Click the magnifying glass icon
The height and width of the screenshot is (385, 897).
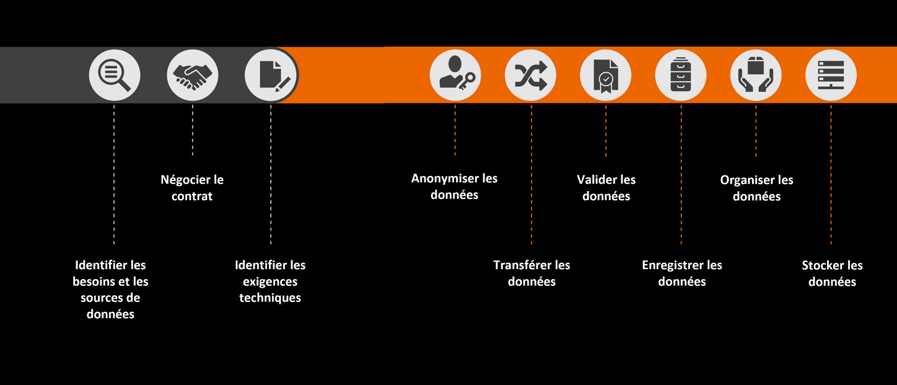(x=115, y=75)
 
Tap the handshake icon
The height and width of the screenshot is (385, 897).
(x=192, y=75)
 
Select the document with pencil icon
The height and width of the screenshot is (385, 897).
(x=271, y=75)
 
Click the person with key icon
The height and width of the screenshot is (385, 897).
(x=455, y=75)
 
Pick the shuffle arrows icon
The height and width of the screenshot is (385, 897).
(x=530, y=75)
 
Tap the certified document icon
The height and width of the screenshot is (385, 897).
(x=605, y=75)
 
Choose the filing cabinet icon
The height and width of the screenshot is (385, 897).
(x=681, y=75)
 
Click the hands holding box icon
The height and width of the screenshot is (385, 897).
(x=756, y=75)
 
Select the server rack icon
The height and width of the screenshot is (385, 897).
(x=831, y=75)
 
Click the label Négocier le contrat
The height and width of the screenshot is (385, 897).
(x=192, y=188)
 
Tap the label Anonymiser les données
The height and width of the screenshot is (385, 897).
(x=455, y=186)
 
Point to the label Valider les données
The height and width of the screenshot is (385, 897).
(x=606, y=188)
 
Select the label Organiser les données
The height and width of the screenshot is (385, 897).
(x=756, y=188)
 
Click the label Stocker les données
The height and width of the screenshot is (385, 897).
(x=832, y=273)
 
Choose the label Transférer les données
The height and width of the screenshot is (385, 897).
(x=532, y=273)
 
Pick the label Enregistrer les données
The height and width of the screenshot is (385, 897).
(x=682, y=273)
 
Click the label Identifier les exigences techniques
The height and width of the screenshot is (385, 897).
(x=270, y=281)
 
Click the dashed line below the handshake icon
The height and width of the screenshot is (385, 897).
(x=192, y=130)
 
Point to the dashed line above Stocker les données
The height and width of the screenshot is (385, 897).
(x=831, y=174)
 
